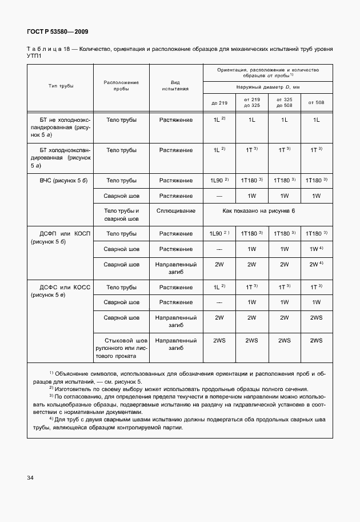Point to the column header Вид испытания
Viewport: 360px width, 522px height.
pos(176,86)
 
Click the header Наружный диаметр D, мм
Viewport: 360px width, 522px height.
pos(268,87)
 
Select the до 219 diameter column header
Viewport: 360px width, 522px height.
pos(219,102)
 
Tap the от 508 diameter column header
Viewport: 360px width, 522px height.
pos(316,102)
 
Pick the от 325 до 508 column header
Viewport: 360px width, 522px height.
pos(284,102)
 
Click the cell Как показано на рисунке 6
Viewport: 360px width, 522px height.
pos(259,211)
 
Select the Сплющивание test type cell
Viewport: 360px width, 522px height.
pos(176,211)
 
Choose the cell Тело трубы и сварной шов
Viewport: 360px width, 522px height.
pos(121,215)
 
